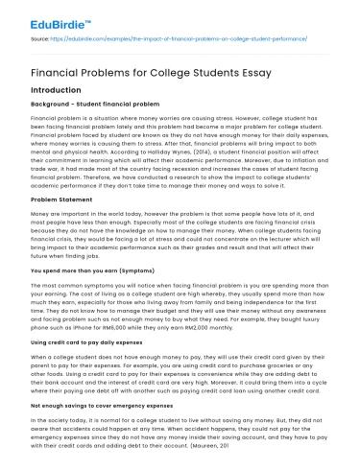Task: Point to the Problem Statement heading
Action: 60,199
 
